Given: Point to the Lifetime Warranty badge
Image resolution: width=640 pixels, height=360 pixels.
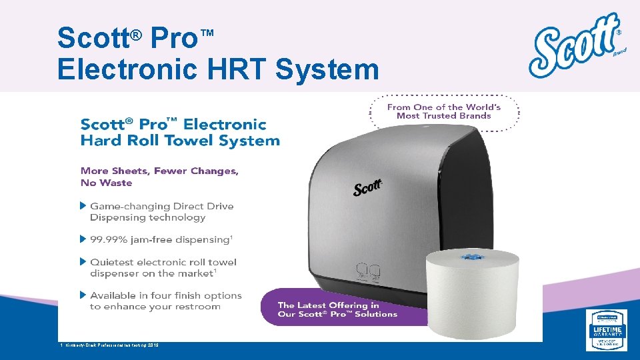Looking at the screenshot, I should [607, 330].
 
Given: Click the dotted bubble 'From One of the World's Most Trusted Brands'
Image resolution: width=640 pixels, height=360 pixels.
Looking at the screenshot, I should [443, 111].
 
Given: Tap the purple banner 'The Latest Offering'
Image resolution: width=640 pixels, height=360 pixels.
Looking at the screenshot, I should [337, 309].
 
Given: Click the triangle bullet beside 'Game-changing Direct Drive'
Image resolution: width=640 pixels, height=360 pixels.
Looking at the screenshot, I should [83, 205].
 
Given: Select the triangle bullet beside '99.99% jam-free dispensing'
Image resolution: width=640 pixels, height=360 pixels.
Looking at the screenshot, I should [83, 239].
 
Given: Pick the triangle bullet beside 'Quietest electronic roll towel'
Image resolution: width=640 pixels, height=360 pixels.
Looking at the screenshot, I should [83, 261].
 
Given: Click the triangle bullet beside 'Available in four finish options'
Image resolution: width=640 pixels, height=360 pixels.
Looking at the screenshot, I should [83, 295].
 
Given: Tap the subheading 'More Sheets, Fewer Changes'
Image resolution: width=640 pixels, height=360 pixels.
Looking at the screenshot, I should [159, 171].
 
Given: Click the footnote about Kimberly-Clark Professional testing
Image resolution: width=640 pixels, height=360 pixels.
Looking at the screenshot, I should [111, 344].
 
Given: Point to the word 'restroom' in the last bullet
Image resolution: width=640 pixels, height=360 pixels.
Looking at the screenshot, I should [197, 307].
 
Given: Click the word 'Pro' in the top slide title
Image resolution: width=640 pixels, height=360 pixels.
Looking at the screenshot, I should [174, 37].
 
